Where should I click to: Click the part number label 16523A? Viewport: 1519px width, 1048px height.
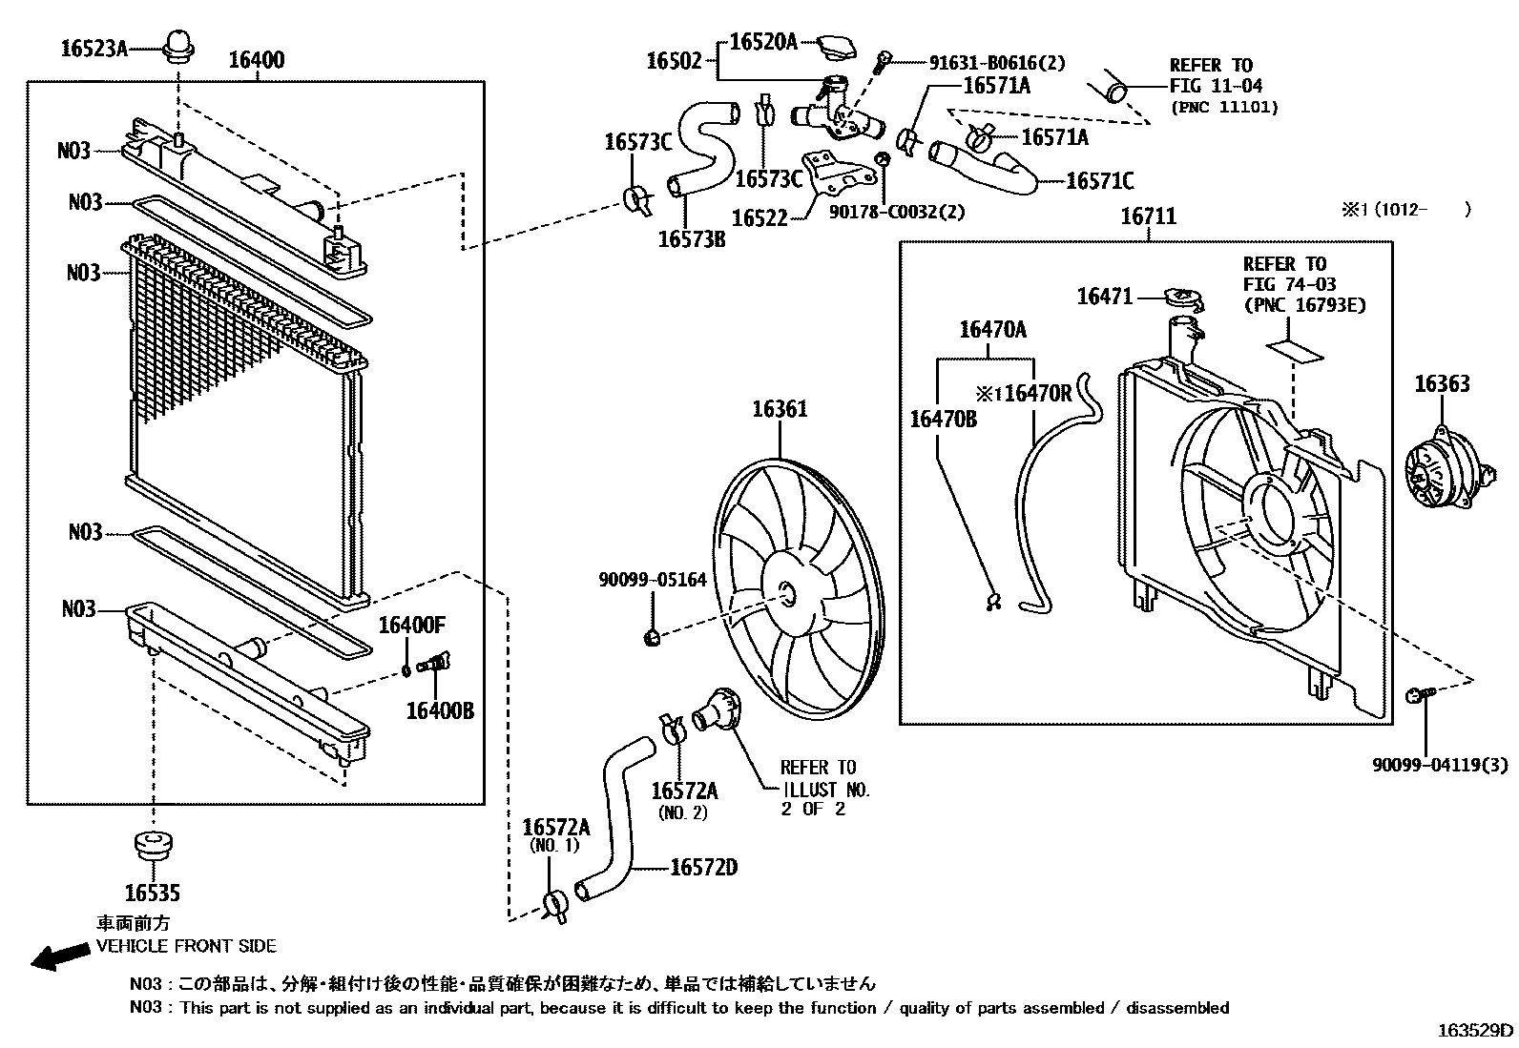click(94, 48)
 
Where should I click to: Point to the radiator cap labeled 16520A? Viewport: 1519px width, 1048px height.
click(835, 47)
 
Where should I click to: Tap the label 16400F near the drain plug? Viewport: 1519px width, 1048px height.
click(412, 626)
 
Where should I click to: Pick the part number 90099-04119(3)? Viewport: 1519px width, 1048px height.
click(1441, 764)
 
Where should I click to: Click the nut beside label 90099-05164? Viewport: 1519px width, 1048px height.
click(653, 637)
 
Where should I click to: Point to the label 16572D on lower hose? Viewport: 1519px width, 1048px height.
click(703, 868)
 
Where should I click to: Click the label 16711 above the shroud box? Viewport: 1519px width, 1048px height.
click(1148, 217)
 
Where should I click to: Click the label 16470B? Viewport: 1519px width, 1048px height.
click(943, 419)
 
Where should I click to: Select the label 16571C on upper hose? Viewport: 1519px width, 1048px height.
click(1099, 181)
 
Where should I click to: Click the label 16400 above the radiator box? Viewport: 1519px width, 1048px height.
click(256, 61)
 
